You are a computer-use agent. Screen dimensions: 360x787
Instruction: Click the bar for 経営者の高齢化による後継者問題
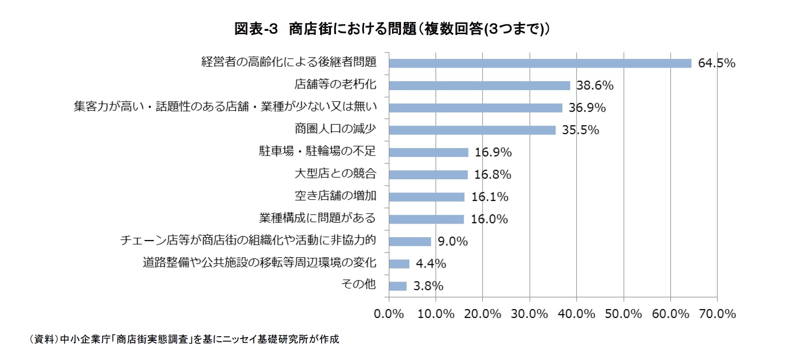540,64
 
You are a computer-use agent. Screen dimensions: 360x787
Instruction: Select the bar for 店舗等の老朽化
479,85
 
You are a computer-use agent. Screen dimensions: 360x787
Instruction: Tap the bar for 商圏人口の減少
472,130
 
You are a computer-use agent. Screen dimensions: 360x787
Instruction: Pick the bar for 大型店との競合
428,175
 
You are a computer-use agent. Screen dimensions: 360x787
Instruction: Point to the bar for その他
398,286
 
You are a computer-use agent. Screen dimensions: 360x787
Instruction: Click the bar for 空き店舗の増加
426,197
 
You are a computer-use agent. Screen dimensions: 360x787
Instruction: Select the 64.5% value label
716,63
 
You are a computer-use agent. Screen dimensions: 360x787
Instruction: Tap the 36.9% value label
587,108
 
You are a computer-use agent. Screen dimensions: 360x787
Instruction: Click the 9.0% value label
452,241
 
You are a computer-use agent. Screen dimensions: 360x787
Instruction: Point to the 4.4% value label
431,264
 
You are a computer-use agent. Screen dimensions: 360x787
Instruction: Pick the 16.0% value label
489,219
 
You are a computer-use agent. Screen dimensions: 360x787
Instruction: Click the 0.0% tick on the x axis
389,314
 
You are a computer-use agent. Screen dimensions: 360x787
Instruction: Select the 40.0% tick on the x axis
576,314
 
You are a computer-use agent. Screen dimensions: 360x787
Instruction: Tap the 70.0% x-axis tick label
717,314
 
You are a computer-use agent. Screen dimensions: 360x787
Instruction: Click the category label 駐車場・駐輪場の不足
317,151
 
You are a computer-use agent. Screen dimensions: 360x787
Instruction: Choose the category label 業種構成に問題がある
317,218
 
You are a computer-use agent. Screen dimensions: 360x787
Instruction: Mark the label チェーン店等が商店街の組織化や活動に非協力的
248,240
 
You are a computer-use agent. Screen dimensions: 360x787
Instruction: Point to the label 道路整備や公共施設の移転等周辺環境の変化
259,262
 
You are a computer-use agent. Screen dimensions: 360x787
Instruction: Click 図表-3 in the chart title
256,29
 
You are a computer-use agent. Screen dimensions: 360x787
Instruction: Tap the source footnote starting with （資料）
184,339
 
